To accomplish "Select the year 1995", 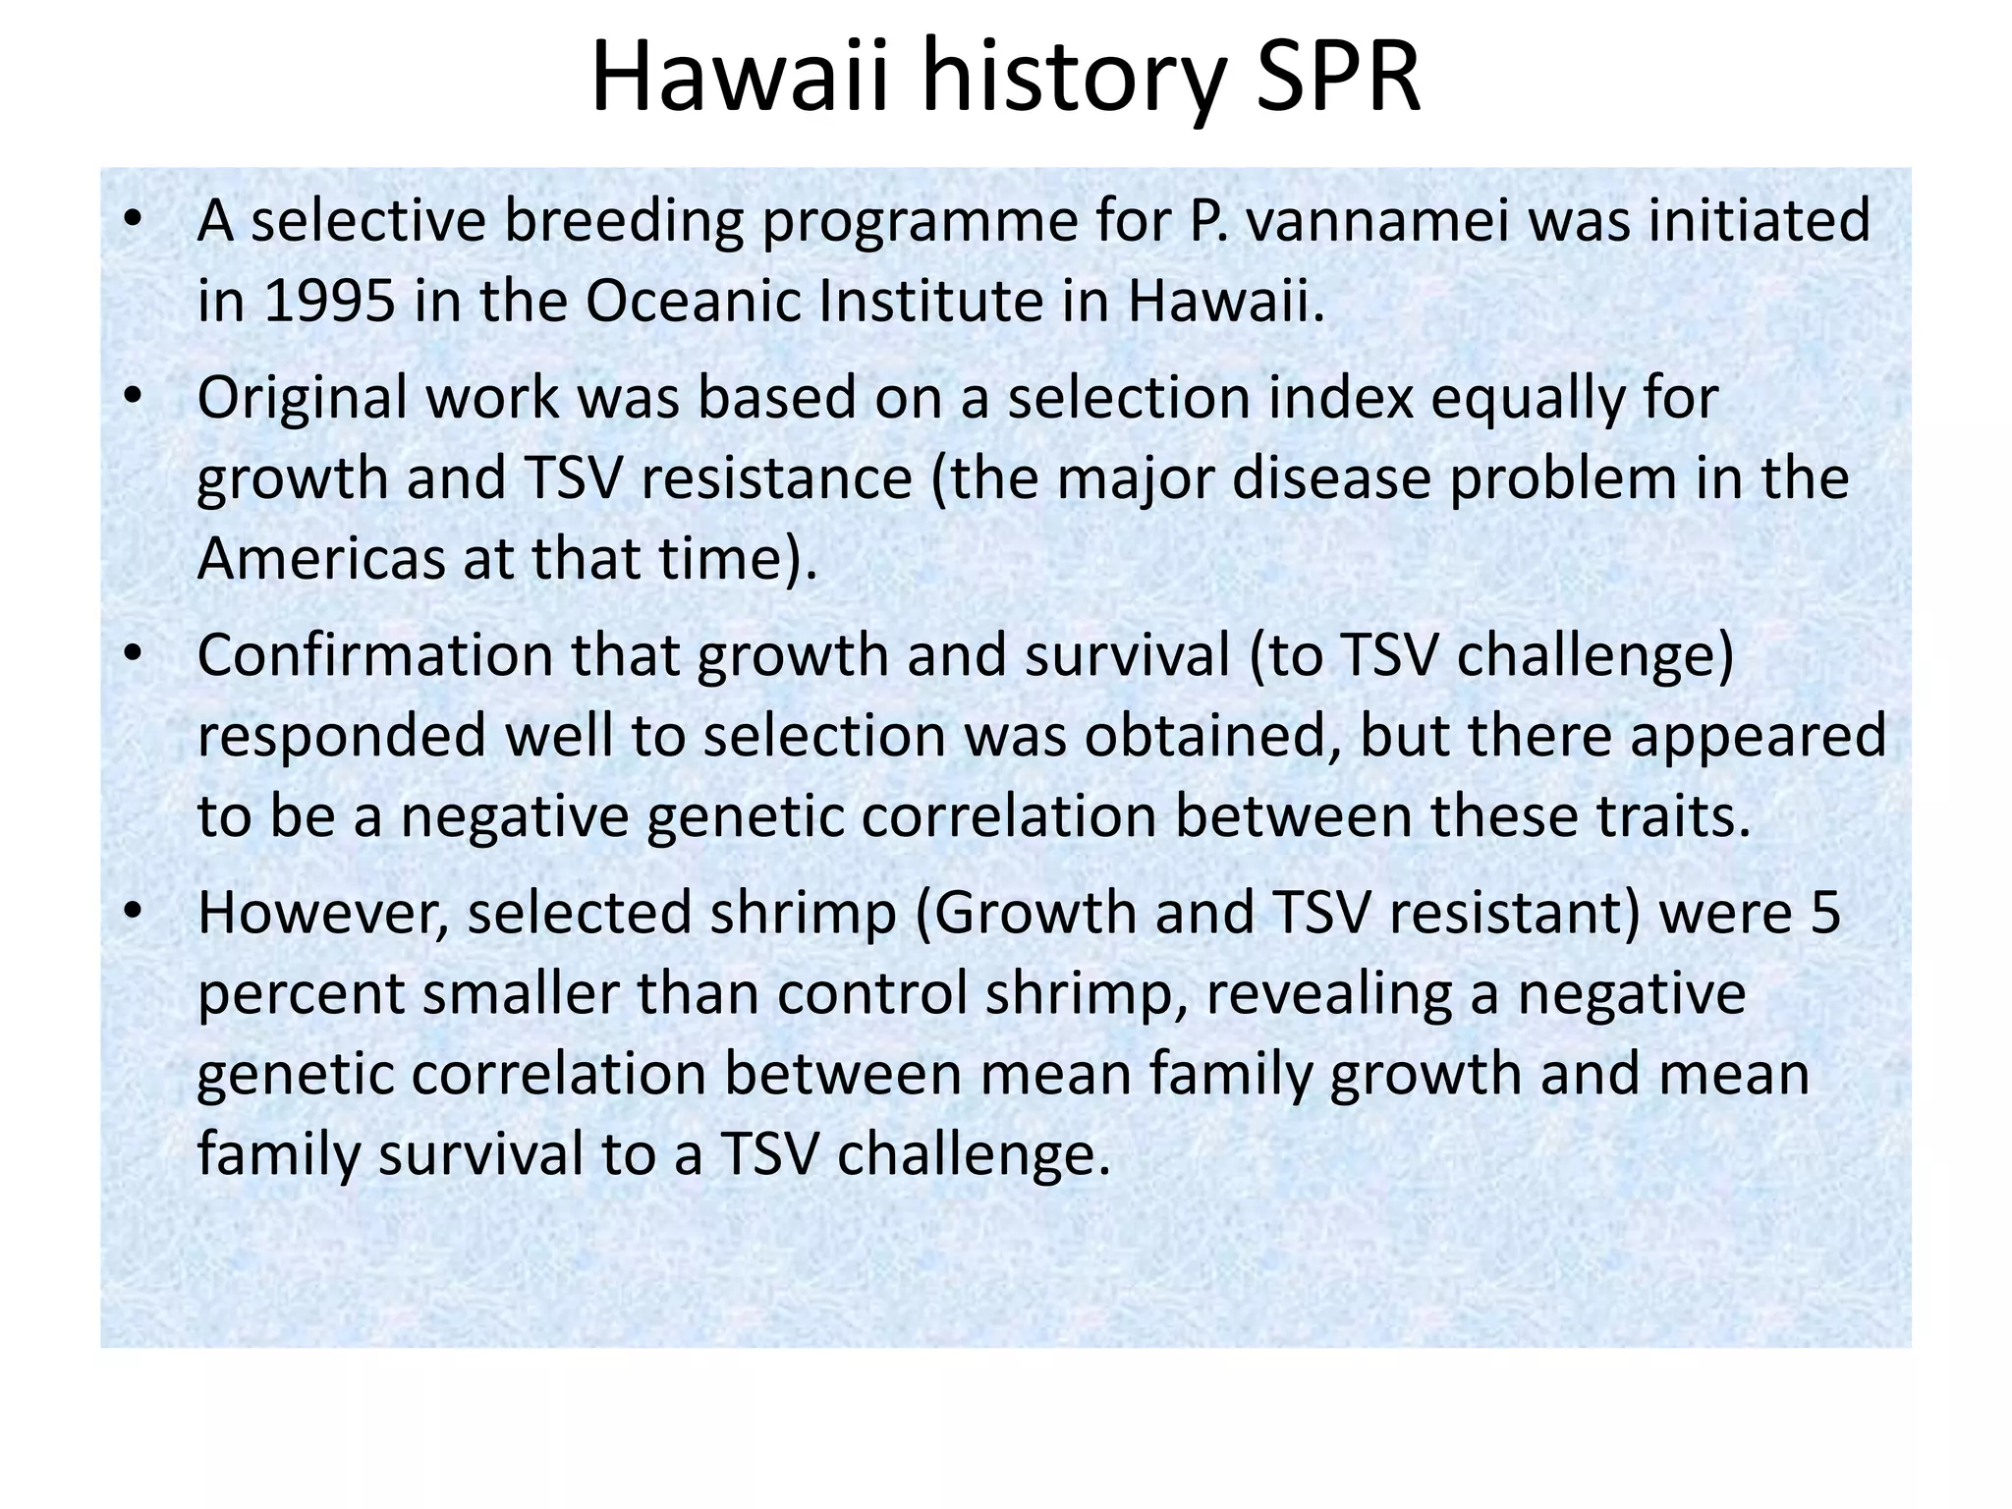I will pyautogui.click(x=330, y=301).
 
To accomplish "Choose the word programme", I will pyautogui.click(x=955, y=222).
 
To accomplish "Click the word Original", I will pyautogui.click(x=302, y=399).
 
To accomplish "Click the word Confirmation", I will pyautogui.click(x=375, y=655).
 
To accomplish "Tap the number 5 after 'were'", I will pyautogui.click(x=1824, y=913).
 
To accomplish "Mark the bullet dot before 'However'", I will pyautogui.click(x=134, y=912).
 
